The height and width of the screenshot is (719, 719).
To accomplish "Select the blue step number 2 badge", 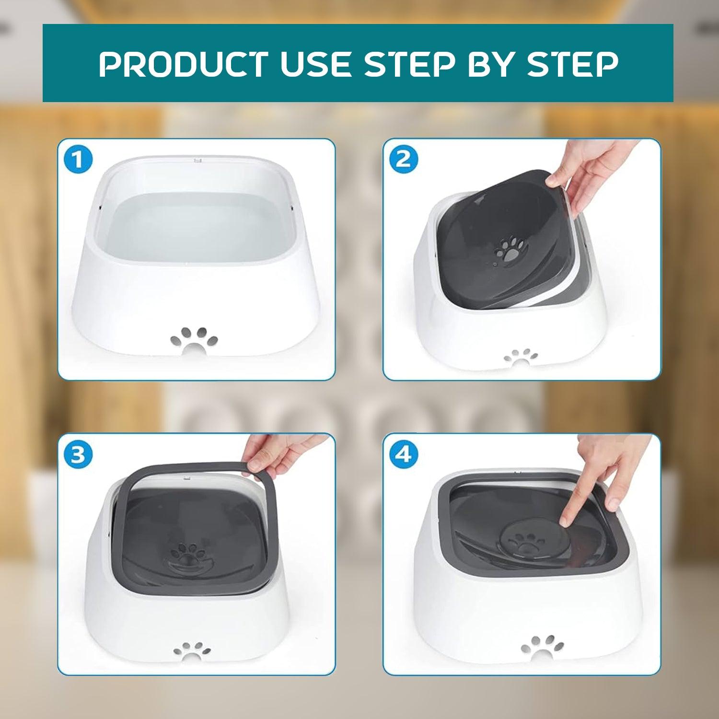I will (x=404, y=160).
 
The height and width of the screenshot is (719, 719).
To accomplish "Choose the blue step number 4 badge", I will (x=404, y=454).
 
